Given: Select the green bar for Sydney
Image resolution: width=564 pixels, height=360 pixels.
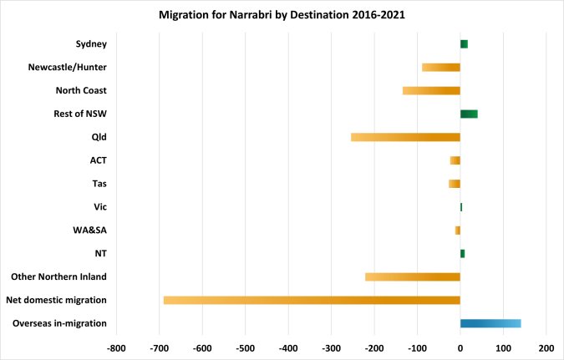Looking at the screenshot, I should pyautogui.click(x=464, y=43).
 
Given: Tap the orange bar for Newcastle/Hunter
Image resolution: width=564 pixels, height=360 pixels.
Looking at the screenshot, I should pyautogui.click(x=441, y=67).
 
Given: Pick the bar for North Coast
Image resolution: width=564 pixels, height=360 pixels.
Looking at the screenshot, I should pyautogui.click(x=431, y=90).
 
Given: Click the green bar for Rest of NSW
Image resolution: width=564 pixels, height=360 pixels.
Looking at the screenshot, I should pyautogui.click(x=469, y=114).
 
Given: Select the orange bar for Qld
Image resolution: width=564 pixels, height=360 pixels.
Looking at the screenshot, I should pyautogui.click(x=405, y=137).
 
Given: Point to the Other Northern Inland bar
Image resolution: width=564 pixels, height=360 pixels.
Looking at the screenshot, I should pyautogui.click(x=413, y=276).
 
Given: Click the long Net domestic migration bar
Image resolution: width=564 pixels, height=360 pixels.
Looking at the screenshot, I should pyautogui.click(x=312, y=300).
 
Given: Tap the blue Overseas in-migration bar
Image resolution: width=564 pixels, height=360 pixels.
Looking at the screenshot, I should pyautogui.click(x=490, y=323).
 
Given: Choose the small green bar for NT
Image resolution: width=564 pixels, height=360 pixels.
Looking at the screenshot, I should pyautogui.click(x=462, y=253).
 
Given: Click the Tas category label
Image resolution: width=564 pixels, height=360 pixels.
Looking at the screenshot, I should pyautogui.click(x=99, y=184).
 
